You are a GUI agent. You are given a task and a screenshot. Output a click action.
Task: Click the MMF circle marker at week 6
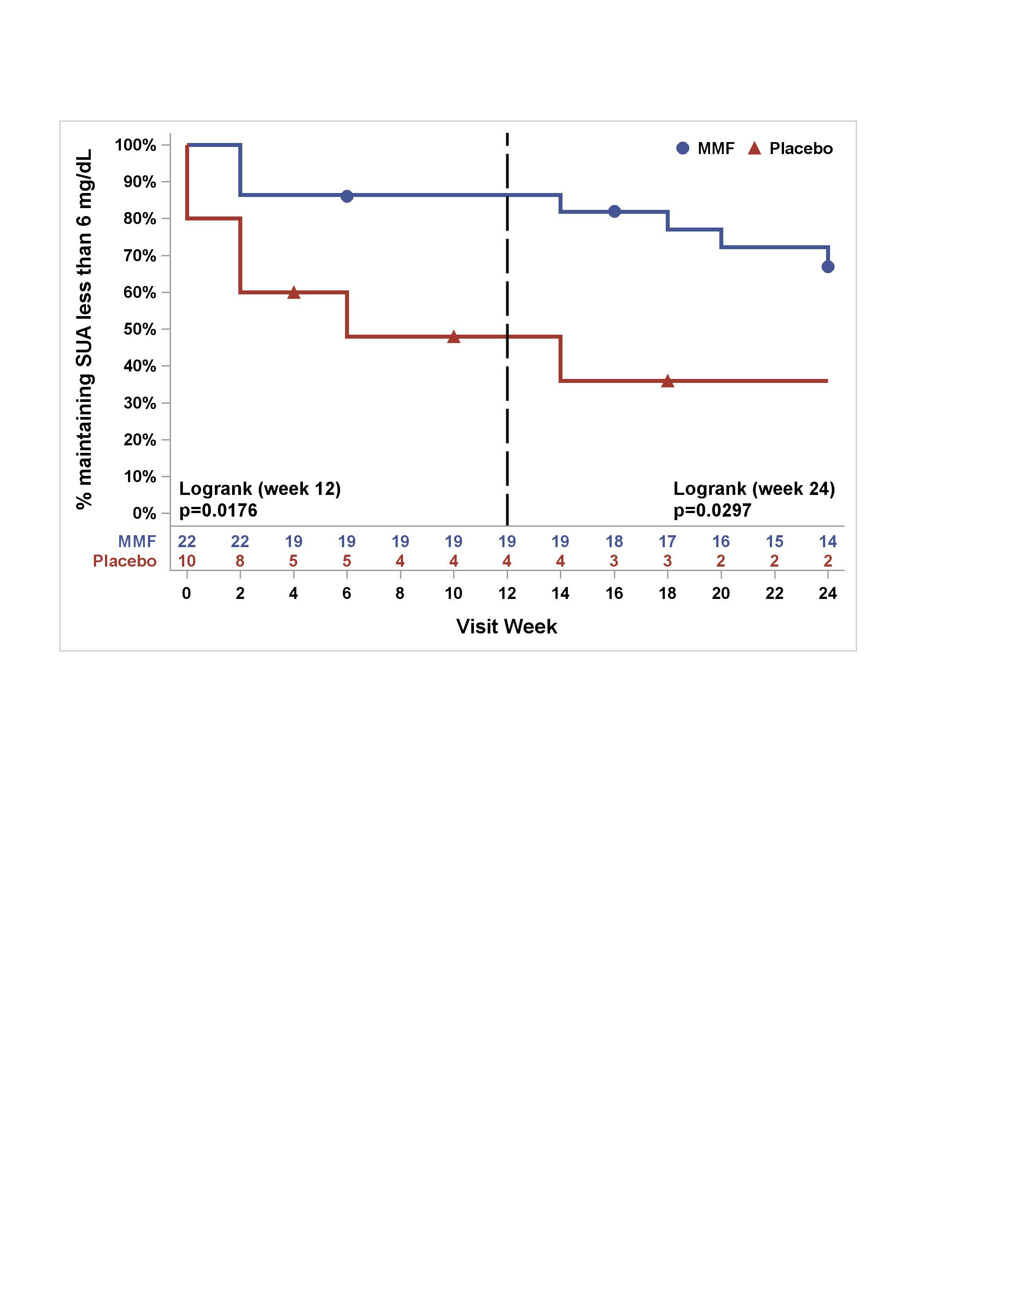tap(347, 196)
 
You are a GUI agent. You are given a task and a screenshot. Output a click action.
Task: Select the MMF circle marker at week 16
tap(614, 212)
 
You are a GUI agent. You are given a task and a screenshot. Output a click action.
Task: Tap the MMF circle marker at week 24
tap(828, 266)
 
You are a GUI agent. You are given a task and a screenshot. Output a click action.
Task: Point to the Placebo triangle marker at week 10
tap(454, 337)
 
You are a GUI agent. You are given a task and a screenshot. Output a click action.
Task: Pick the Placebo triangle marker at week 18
tap(667, 381)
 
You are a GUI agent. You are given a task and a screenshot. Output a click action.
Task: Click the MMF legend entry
tap(705, 148)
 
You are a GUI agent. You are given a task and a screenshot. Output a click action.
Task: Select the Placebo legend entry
tap(790, 148)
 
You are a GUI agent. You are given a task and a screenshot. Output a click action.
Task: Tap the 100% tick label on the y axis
tap(135, 145)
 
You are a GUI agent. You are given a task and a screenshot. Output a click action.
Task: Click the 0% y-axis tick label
tap(144, 513)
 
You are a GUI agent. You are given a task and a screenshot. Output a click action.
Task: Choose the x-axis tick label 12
tap(507, 593)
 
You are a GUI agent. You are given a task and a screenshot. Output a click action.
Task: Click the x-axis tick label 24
tap(828, 593)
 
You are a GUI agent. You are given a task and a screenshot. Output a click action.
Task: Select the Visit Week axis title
tap(506, 626)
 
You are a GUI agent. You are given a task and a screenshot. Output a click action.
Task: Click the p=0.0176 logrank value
tap(218, 510)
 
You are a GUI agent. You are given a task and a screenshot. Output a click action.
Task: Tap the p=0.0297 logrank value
tap(712, 510)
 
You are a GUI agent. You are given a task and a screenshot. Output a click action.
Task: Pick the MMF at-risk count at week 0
tap(186, 541)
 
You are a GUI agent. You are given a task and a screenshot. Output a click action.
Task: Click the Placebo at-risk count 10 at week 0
tap(186, 561)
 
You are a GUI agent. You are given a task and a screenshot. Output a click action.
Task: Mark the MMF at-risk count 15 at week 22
tap(775, 541)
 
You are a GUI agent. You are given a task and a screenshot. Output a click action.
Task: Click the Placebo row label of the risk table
tap(124, 561)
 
